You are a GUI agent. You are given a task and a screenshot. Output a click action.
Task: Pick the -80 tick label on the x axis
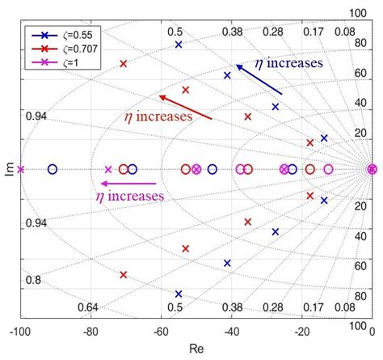click(x=90, y=332)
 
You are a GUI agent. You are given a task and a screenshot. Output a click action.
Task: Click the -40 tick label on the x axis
click(x=231, y=332)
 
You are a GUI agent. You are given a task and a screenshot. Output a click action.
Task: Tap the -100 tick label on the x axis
click(x=21, y=332)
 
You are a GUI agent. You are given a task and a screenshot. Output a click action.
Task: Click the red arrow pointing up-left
click(x=186, y=107)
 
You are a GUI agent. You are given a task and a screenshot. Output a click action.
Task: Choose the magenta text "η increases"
click(x=130, y=196)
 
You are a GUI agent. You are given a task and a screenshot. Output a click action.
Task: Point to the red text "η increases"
click(x=158, y=116)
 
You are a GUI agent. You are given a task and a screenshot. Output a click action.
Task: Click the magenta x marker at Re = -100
click(x=21, y=169)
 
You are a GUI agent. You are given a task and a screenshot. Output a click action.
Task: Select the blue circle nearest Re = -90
click(x=53, y=169)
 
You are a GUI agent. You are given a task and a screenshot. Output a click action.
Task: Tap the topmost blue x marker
click(x=179, y=44)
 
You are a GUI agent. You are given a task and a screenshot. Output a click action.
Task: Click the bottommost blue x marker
click(x=179, y=294)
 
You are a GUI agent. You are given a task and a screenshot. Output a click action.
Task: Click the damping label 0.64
click(x=87, y=307)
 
